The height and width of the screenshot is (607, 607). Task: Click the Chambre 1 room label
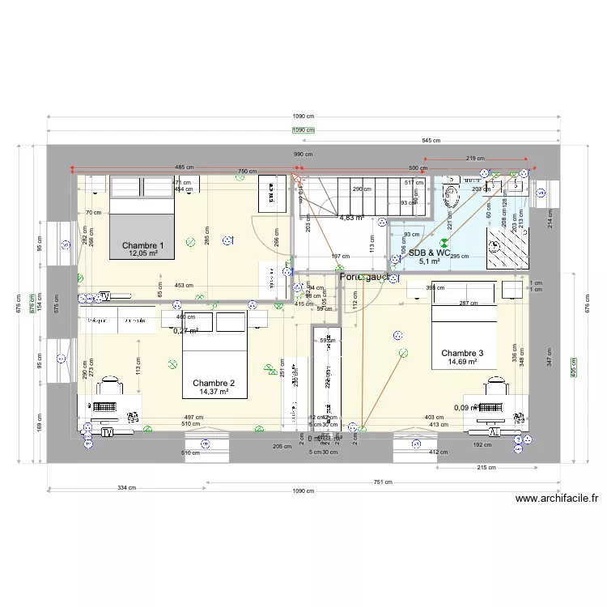point(143,245)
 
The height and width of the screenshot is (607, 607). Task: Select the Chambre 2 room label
point(214,383)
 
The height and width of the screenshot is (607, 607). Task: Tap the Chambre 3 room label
point(462,353)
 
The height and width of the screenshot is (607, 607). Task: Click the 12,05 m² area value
point(142,254)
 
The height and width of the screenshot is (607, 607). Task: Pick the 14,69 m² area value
point(461,363)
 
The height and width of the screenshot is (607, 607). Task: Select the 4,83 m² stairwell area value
point(351,218)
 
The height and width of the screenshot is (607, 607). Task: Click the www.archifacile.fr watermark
point(556,499)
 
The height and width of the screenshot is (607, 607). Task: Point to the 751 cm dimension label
point(383,482)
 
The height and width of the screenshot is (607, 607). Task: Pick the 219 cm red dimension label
point(476,159)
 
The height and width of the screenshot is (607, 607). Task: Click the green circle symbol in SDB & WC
point(443,241)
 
